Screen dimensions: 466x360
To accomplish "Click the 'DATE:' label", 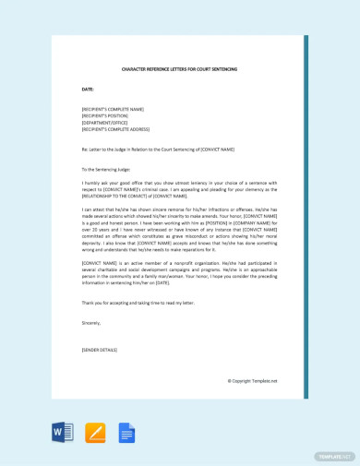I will tap(88, 90).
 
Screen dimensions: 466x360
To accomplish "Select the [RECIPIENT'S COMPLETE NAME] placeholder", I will tap(113, 109).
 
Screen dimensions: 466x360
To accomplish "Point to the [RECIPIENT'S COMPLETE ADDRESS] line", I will tap(115, 129).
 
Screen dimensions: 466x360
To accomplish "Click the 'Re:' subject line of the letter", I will tap(158, 149).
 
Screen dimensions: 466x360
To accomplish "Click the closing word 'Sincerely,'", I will tap(91, 324).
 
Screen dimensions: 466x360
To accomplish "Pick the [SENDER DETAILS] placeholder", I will tap(101, 351).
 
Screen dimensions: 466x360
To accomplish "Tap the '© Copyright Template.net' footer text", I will tap(252, 380).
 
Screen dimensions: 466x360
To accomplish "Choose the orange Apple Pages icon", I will tap(95, 432).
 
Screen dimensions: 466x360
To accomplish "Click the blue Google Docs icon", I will tap(126, 432).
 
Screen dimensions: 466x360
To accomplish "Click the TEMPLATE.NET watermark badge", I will tap(335, 455).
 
